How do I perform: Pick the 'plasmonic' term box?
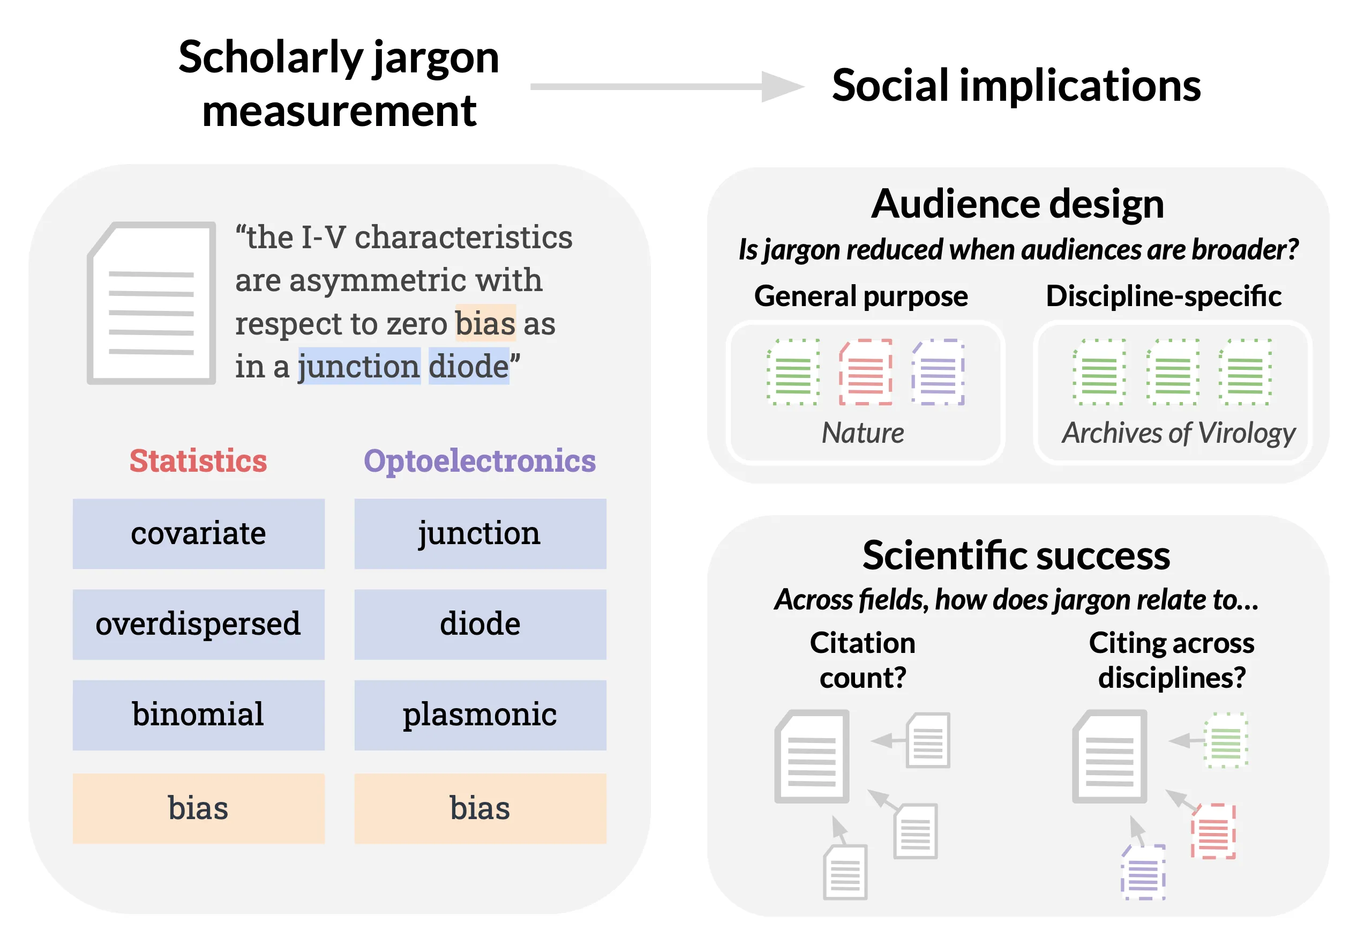click(x=479, y=715)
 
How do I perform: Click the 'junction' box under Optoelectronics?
click(x=479, y=533)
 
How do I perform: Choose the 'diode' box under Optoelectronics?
click(x=479, y=624)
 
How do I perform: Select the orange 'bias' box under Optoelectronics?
click(x=479, y=808)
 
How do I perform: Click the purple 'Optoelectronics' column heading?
click(x=479, y=460)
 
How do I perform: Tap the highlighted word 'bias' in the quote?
click(x=485, y=323)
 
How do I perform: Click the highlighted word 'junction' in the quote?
click(x=358, y=366)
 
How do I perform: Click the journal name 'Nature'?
click(x=863, y=433)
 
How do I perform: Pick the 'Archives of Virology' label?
click(x=1178, y=433)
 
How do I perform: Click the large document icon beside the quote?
click(x=152, y=303)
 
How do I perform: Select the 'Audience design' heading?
click(x=1017, y=204)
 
